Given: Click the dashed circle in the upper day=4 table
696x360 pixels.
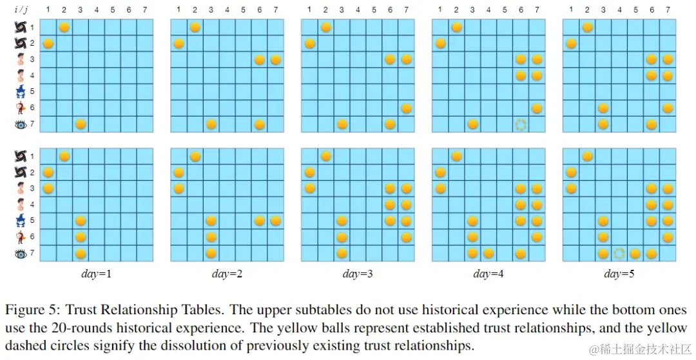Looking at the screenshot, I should pyautogui.click(x=521, y=124).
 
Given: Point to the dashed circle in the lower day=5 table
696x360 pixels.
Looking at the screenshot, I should pyautogui.click(x=619, y=254).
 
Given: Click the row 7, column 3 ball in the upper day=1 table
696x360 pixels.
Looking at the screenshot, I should pyautogui.click(x=81, y=124).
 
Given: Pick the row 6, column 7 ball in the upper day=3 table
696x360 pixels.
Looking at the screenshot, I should pyautogui.click(x=406, y=108).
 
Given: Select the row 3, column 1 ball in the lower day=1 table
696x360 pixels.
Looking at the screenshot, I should pyautogui.click(x=48, y=188).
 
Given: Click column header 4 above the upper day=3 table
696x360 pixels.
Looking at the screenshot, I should pyautogui.click(x=358, y=10).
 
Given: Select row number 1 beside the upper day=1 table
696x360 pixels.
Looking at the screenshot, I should pyautogui.click(x=32, y=28).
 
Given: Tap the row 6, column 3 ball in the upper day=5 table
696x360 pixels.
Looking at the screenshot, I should pyautogui.click(x=603, y=108).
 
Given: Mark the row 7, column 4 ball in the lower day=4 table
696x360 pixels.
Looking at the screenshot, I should pyautogui.click(x=488, y=254).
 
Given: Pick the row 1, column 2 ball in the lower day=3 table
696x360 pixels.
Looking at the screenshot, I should pyautogui.click(x=325, y=156).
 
